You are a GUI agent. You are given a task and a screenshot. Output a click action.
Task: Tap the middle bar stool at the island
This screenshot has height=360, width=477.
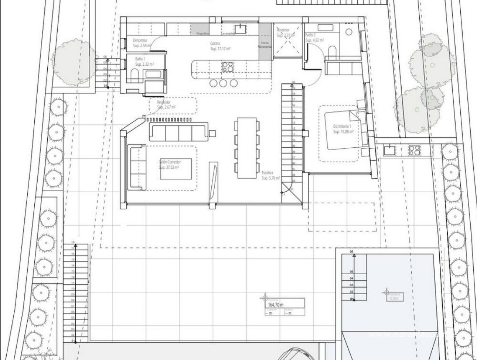223,82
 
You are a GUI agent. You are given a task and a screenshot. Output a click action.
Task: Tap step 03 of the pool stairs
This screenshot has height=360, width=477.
352,285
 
